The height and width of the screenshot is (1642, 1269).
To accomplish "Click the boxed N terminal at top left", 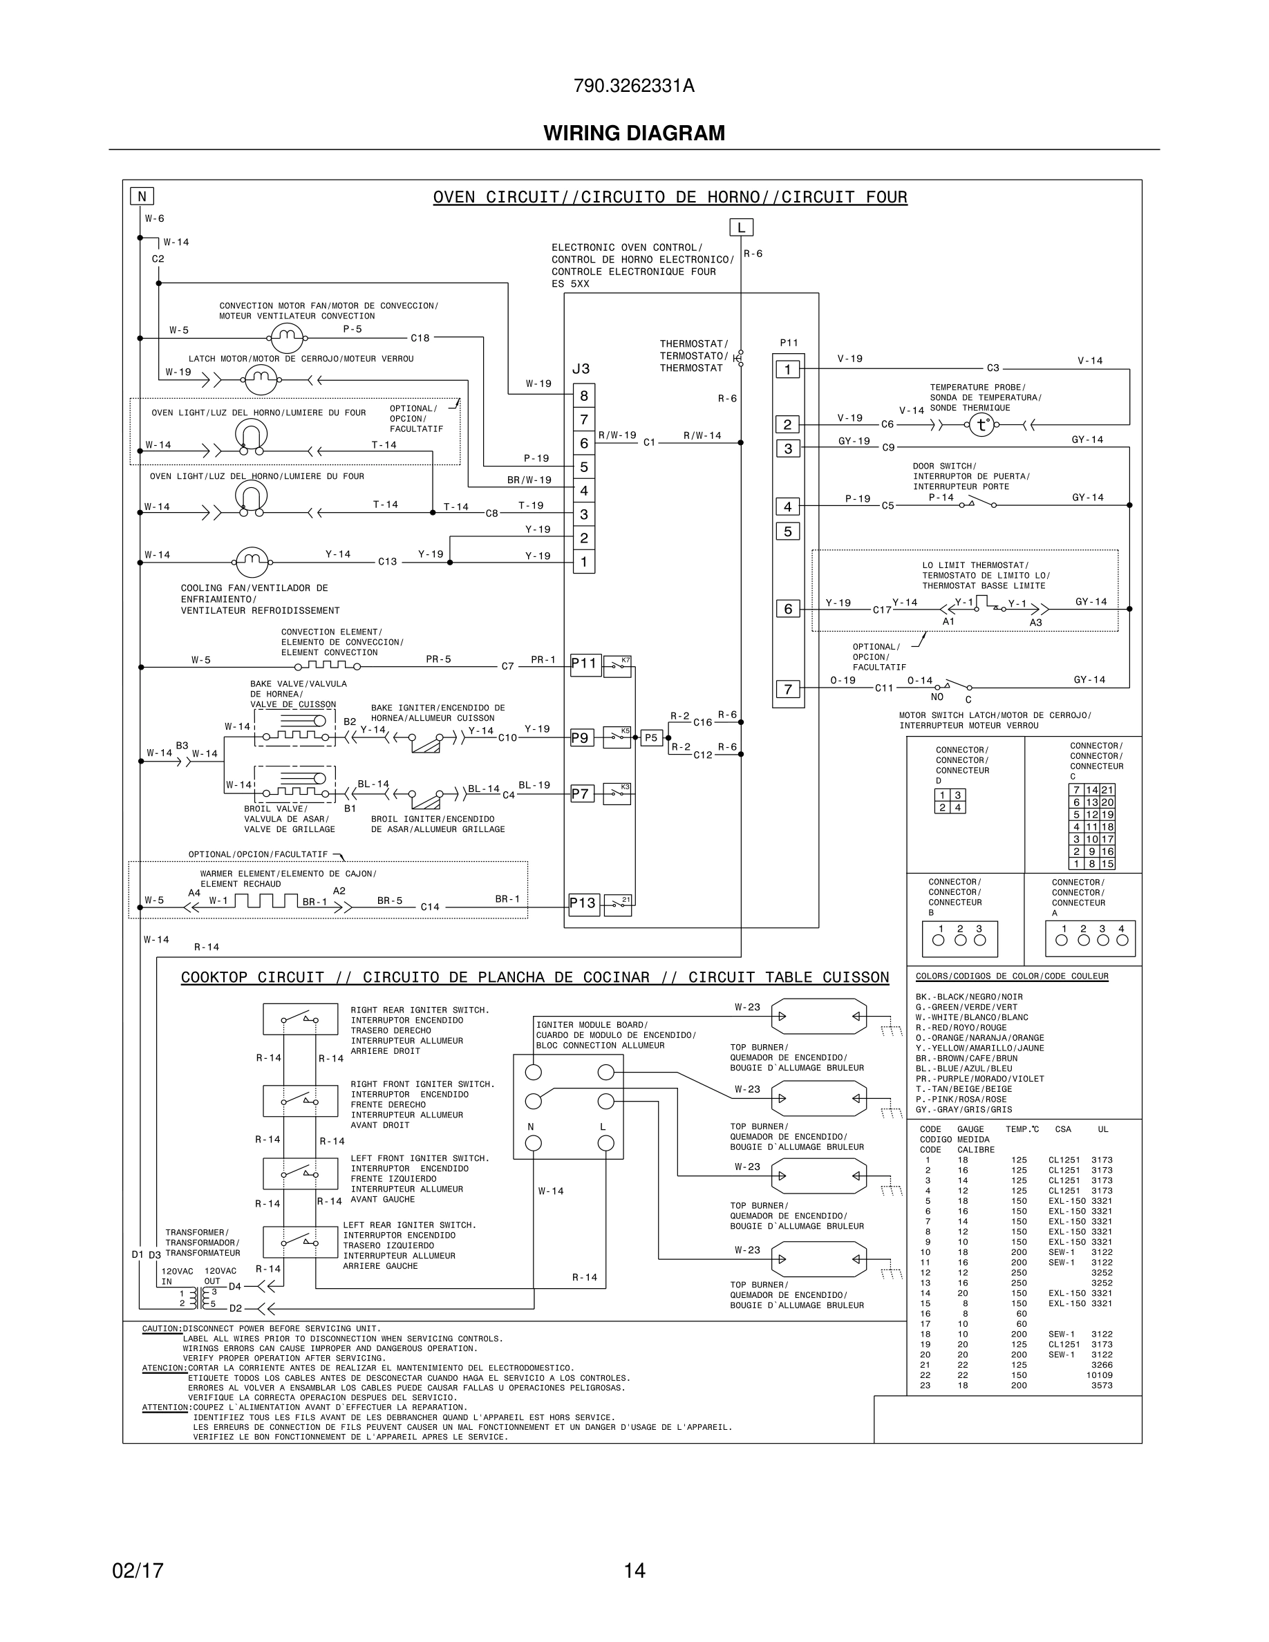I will pyautogui.click(x=141, y=196).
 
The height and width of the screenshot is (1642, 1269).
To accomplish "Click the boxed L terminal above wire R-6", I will pyautogui.click(x=741, y=227).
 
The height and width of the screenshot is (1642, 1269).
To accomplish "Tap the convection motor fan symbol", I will pyautogui.click(x=285, y=339).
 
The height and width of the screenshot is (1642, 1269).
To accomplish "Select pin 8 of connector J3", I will pyautogui.click(x=584, y=395).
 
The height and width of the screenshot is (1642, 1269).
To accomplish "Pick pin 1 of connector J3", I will pyautogui.click(x=584, y=562).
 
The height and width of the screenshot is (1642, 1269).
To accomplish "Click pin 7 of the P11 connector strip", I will pyautogui.click(x=788, y=689).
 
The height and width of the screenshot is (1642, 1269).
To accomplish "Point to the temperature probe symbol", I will pyautogui.click(x=980, y=425).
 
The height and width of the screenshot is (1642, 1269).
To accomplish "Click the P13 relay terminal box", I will pyautogui.click(x=583, y=903).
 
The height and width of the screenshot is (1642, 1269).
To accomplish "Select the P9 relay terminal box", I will pyautogui.click(x=581, y=737).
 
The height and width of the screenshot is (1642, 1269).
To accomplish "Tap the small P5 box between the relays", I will pyautogui.click(x=651, y=737).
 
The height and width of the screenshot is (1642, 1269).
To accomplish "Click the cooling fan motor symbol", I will pyautogui.click(x=252, y=562).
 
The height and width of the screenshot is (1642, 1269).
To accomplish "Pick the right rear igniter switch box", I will pyautogui.click(x=300, y=1019).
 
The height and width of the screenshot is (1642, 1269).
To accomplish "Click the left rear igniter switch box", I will pyautogui.click(x=300, y=1241).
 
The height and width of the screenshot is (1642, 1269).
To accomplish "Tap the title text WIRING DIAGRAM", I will pyautogui.click(x=634, y=133).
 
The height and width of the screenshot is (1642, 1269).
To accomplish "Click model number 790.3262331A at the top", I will pyautogui.click(x=634, y=86).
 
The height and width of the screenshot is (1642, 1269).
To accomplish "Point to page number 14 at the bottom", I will pyautogui.click(x=634, y=1570).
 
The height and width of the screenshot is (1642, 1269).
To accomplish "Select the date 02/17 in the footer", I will pyautogui.click(x=138, y=1570).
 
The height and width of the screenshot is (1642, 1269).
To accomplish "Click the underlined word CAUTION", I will pyautogui.click(x=162, y=1328).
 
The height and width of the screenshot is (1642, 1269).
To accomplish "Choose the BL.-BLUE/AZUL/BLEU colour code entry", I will pyautogui.click(x=963, y=1068).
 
